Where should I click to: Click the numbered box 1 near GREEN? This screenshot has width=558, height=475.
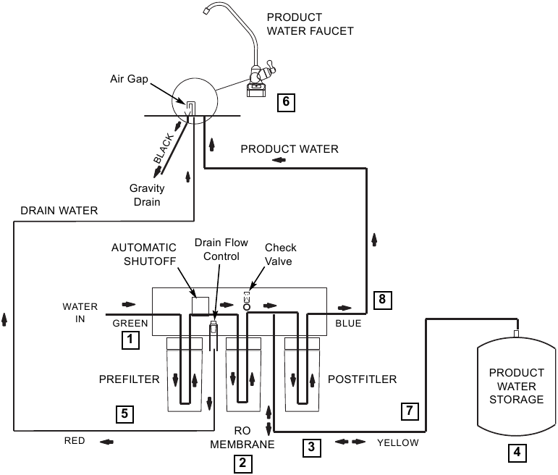click(x=130, y=338)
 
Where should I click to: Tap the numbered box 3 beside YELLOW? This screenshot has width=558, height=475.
click(x=311, y=447)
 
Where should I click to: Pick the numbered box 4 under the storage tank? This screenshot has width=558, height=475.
click(x=516, y=453)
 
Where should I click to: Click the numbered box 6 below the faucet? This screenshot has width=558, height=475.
click(x=286, y=101)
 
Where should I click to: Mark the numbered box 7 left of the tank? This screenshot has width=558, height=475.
click(x=409, y=412)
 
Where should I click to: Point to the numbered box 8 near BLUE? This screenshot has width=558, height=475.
click(x=381, y=298)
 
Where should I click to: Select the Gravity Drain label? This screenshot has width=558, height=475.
click(x=147, y=195)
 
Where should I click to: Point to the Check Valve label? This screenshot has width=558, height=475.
click(x=279, y=254)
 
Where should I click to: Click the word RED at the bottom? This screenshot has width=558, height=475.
click(x=75, y=440)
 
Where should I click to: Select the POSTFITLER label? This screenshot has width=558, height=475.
click(x=362, y=379)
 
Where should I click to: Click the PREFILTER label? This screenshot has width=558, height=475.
click(x=129, y=379)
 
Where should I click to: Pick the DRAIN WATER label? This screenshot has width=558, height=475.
click(x=59, y=211)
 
